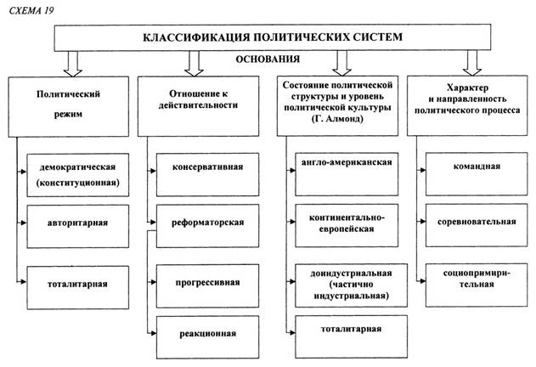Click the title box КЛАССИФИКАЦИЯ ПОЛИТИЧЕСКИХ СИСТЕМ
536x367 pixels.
click(273, 37)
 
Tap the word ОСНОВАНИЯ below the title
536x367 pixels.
click(268, 59)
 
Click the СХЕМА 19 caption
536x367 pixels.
click(31, 10)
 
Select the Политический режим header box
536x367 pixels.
click(68, 107)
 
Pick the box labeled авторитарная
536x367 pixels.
click(78, 227)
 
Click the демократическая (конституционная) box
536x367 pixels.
click(78, 175)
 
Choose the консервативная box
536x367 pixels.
click(207, 174)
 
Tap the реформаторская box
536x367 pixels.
click(207, 226)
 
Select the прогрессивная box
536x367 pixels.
click(207, 286)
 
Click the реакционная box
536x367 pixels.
click(207, 337)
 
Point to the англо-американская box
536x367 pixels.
click(347, 174)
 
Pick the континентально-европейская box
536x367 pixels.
click(347, 225)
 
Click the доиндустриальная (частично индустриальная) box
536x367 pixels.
click(351, 285)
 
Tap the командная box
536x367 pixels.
click(477, 174)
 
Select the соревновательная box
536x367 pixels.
click(477, 225)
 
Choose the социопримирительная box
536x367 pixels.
click(477, 285)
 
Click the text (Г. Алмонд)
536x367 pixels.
click(337, 119)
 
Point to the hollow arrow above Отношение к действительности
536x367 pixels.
click(194, 64)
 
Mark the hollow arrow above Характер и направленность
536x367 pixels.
click(472, 63)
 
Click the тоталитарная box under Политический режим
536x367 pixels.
click(78, 288)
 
